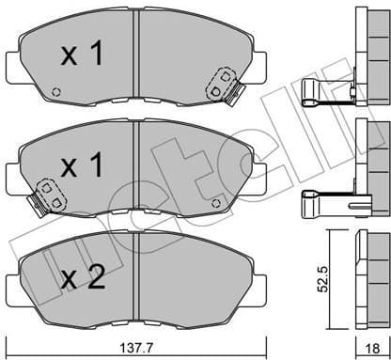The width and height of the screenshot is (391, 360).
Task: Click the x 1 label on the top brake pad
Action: pyautogui.click(x=82, y=57)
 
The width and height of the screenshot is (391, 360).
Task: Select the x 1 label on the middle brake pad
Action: pyautogui.click(x=82, y=168)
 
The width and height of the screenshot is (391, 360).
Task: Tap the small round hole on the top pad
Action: pyautogui.click(x=56, y=91)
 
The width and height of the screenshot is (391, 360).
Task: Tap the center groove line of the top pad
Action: pyautogui.click(x=137, y=56)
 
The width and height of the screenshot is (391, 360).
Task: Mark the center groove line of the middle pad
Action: pyautogui.click(x=137, y=166)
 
